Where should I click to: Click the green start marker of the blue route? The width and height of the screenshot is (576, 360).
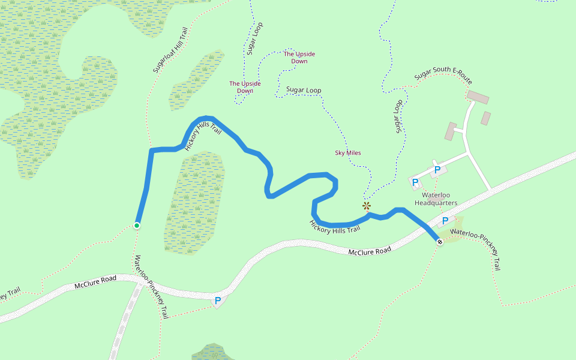coord(137,226)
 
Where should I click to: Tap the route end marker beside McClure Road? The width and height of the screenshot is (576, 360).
coord(440,242)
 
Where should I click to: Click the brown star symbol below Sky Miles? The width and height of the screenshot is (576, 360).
coord(367,206)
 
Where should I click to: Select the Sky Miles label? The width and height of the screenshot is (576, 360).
coord(347,153)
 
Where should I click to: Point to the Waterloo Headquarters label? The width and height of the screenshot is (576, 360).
coord(439,199)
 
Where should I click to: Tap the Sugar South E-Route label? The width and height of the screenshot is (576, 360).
coord(443,79)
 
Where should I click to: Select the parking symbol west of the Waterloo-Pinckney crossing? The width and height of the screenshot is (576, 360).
coord(218,300)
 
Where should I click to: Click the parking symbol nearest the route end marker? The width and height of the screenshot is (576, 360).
coord(445,221)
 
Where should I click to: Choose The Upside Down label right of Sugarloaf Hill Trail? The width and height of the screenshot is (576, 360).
coord(245,87)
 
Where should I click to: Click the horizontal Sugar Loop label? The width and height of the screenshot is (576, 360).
coord(303,90)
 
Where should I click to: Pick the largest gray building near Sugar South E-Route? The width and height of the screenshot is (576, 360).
coord(478,97)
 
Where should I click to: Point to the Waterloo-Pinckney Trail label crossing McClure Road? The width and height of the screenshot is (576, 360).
coord(151,286)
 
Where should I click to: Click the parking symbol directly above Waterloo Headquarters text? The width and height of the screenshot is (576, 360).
coord(437,170)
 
